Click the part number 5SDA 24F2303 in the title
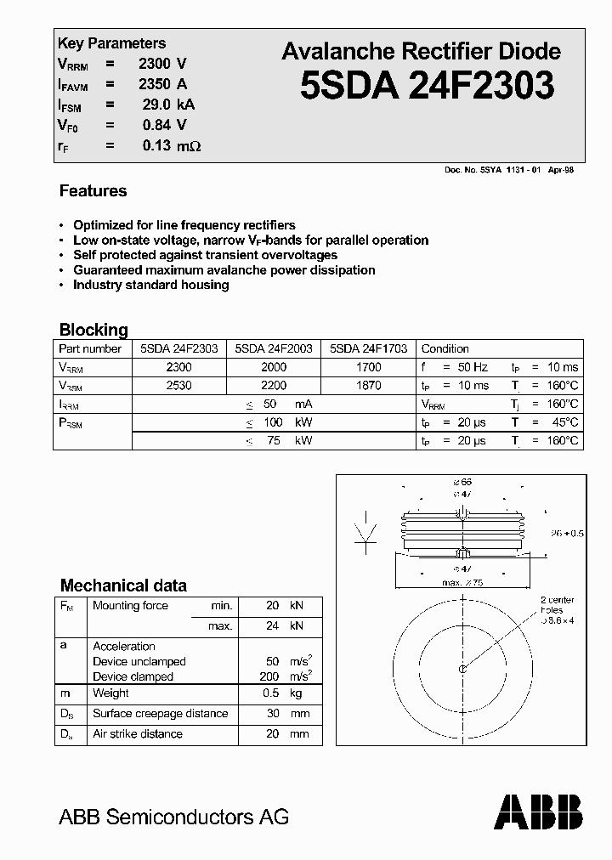click(x=427, y=86)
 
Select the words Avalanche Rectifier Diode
click(x=421, y=51)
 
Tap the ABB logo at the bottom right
click(x=539, y=812)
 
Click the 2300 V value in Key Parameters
click(x=162, y=63)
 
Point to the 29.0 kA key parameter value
click(x=168, y=105)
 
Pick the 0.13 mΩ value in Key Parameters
click(x=171, y=145)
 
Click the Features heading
click(x=93, y=191)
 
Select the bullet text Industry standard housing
click(x=150, y=285)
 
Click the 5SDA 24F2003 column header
click(x=273, y=348)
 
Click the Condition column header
click(x=445, y=348)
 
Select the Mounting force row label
click(x=130, y=606)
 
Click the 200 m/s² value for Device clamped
click(x=284, y=676)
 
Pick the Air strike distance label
click(x=137, y=733)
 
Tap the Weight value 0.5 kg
click(x=284, y=693)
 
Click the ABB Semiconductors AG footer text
click(x=173, y=817)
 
